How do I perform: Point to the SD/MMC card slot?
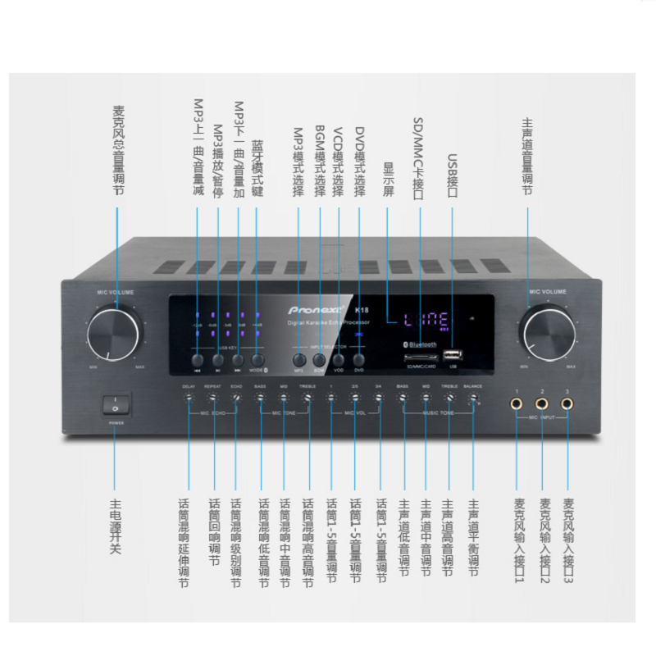[418, 358]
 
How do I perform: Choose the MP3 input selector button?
[298, 359]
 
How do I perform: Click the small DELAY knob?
[189, 399]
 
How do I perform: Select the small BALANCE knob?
[473, 399]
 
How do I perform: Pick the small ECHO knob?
[236, 399]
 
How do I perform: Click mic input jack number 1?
[517, 403]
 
